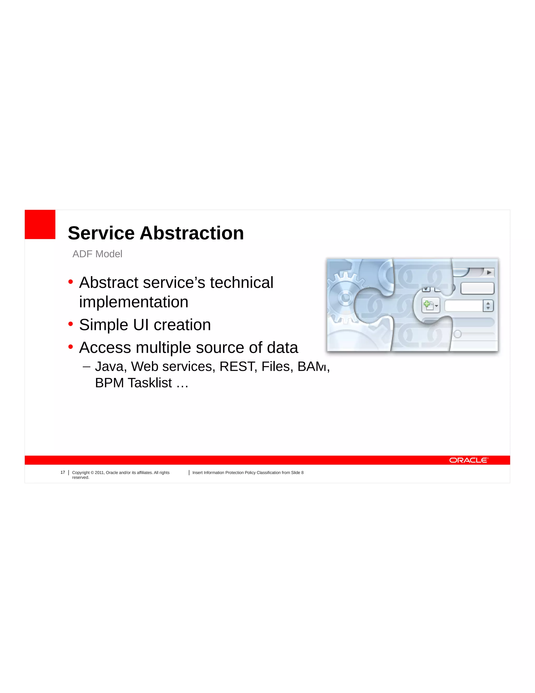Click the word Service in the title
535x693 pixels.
click(101, 233)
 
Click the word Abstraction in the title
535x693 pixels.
click(192, 233)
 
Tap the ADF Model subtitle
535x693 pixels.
click(97, 254)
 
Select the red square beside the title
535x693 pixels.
click(40, 224)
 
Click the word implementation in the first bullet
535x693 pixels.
click(133, 302)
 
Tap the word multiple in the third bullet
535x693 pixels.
click(163, 348)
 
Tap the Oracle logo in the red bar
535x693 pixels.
click(468, 460)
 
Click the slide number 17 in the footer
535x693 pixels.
click(63, 472)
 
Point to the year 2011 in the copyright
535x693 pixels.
click(99, 473)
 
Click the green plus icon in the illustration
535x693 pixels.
click(427, 305)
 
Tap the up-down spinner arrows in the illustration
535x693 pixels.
click(488, 305)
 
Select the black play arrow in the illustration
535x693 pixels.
click(489, 272)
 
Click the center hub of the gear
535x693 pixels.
click(345, 298)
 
